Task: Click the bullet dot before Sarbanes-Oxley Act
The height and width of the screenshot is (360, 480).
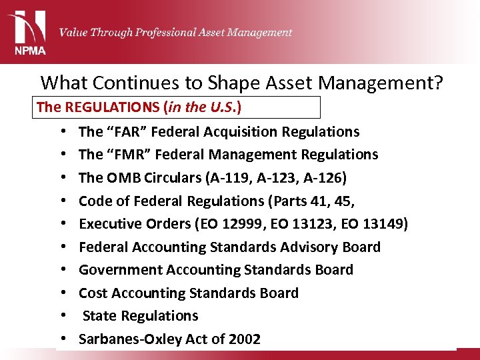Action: point(61,339)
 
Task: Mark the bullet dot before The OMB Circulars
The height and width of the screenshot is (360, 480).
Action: point(61,178)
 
